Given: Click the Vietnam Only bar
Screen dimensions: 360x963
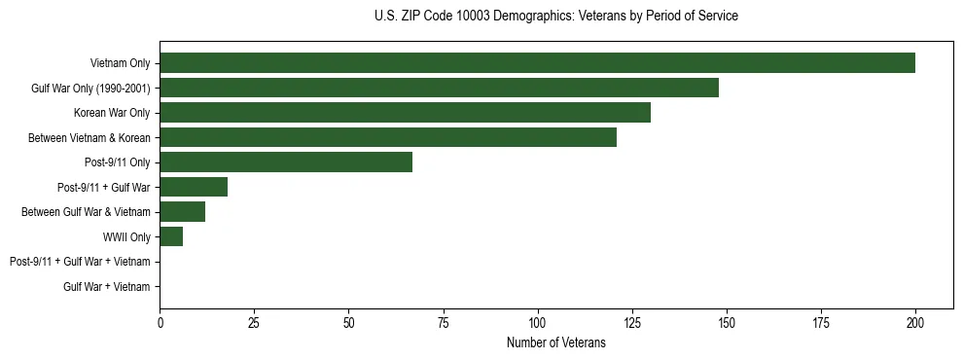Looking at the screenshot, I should point(537,62).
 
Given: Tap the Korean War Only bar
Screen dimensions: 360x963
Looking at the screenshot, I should point(405,113).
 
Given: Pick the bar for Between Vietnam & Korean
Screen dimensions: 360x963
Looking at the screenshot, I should point(388,137).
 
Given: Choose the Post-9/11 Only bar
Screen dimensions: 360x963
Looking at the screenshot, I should point(286,162).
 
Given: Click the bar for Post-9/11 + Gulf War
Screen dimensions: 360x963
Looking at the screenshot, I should point(194,187).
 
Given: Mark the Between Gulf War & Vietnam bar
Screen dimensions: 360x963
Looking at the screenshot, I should point(182,212).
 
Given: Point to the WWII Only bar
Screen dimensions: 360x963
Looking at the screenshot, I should point(171,236).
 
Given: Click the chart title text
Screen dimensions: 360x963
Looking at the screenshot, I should point(555,17).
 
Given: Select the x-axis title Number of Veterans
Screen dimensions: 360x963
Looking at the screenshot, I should point(555,343).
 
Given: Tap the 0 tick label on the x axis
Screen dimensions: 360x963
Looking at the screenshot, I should point(160,323).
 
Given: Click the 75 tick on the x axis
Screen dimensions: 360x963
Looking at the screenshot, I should point(443,323).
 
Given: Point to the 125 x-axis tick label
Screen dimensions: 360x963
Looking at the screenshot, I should point(631,323).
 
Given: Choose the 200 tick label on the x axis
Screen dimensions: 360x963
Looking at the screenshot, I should point(915,323).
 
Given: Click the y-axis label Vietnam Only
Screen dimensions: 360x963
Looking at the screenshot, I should point(120,63).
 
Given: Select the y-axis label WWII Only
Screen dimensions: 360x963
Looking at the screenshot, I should point(126,237).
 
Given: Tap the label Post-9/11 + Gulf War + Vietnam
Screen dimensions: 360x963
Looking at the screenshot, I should point(80,262).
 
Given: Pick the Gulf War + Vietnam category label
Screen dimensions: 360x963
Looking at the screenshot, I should point(107,287).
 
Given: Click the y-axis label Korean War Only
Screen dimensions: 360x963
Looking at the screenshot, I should point(112,113).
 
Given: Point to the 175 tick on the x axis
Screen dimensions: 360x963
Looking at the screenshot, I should point(821,323).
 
